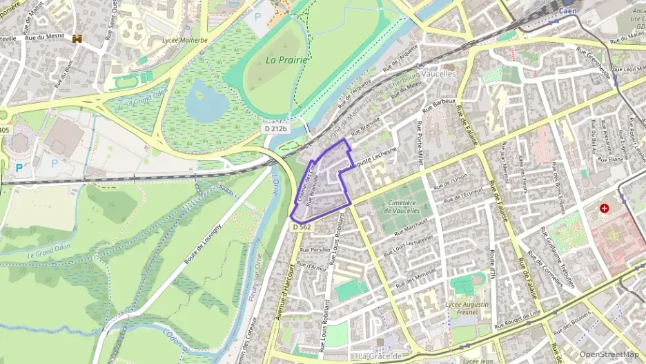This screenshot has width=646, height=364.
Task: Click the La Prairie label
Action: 286,59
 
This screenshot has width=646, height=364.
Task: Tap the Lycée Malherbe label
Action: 184,41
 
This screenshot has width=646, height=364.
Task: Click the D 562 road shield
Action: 302,227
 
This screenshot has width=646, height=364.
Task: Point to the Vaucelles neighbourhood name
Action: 438,73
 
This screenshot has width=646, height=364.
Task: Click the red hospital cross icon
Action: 605,208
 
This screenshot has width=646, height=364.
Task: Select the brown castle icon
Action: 77,39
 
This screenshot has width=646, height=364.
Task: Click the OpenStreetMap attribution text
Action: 609,354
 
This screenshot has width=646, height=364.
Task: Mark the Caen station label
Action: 567,12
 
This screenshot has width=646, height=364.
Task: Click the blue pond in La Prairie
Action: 206,101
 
